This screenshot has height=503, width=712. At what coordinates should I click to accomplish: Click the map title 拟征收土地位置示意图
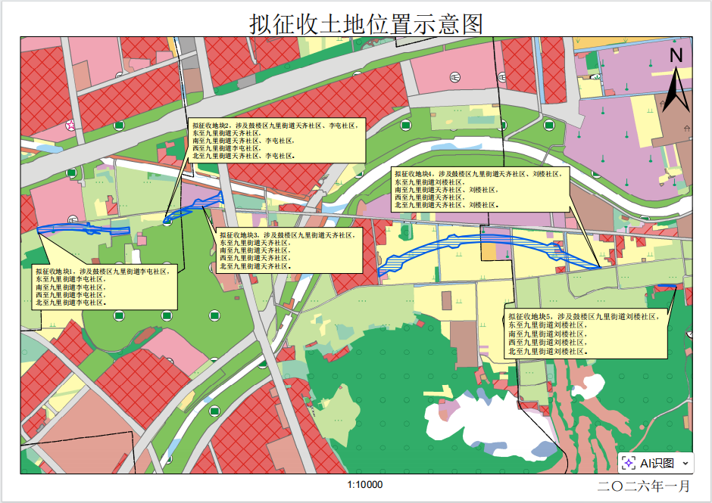coord(366,23)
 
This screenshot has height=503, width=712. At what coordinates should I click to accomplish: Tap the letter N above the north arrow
coord(676,54)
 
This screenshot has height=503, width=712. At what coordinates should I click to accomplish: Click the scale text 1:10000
coord(365,485)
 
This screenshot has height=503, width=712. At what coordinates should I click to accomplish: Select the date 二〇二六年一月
coord(644,486)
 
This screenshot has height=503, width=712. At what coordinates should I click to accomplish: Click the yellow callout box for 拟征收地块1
coord(104,287)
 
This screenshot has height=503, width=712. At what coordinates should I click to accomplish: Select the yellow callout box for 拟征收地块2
coord(276,140)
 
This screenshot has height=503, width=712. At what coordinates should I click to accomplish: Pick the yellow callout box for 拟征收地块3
coord(288,250)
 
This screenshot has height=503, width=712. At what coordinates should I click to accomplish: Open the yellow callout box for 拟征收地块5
coord(586,334)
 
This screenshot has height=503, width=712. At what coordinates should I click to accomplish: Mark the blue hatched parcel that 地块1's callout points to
coord(83,228)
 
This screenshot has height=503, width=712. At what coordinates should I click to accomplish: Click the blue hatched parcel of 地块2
coord(193,206)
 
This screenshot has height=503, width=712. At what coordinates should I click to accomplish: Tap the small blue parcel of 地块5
coord(667,286)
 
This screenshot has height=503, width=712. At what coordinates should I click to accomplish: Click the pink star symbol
coord(70,125)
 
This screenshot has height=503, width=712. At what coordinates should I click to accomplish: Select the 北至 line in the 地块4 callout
coord(446,205)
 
